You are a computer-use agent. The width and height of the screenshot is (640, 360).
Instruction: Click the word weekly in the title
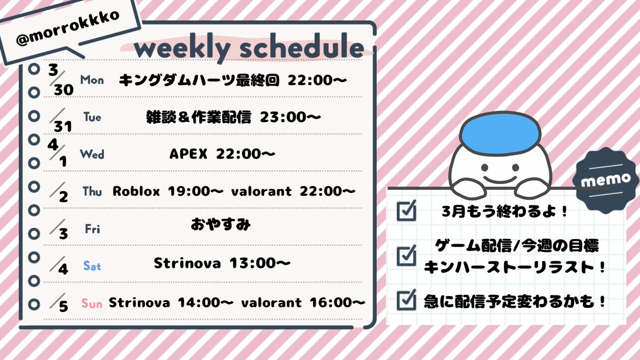181,49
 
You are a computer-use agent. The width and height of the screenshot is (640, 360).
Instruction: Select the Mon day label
92,80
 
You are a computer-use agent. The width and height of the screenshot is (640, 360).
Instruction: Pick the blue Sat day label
92,266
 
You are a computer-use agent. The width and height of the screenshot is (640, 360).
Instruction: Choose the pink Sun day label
92,303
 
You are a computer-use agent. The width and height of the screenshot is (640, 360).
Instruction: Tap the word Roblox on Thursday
136,191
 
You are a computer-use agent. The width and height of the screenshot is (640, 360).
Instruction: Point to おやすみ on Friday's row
221,225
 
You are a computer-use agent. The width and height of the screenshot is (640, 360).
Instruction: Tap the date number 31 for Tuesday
62,126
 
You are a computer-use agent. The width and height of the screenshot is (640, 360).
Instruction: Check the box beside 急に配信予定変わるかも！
407,300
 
